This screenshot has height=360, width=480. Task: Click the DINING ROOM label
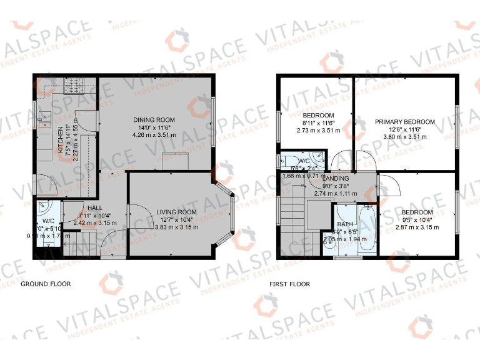point(153,119)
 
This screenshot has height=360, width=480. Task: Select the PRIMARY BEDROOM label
point(404,122)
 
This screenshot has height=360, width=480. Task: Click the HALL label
point(95,208)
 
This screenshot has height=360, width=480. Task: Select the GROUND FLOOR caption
point(46,284)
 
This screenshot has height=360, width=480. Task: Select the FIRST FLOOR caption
point(289,284)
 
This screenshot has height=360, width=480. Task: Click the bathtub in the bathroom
point(366,229)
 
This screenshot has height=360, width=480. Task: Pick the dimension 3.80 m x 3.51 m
point(404,136)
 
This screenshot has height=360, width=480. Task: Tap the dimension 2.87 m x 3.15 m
point(417,226)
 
